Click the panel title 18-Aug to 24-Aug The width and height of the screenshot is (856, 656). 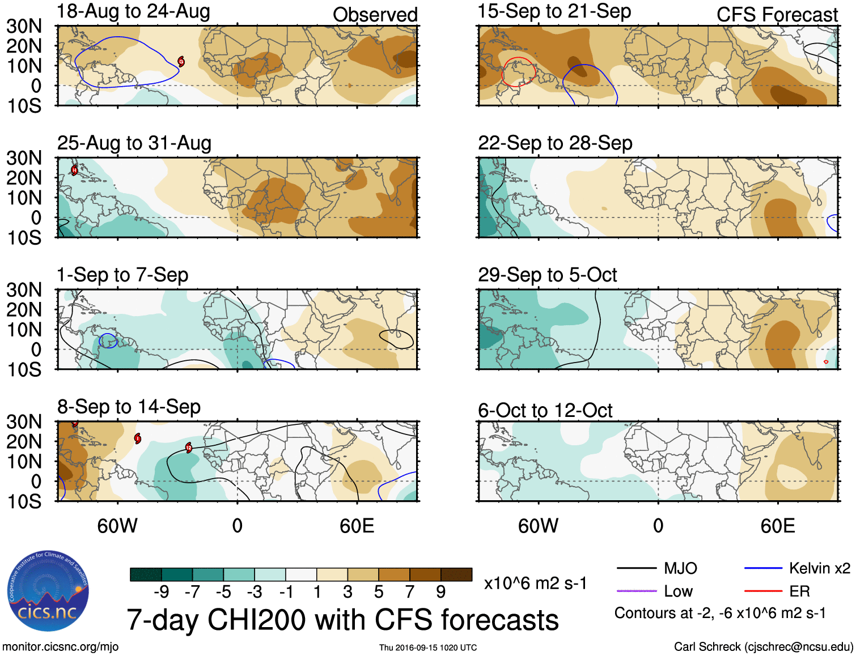coord(133,11)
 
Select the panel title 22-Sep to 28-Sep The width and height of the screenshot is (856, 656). coord(554,143)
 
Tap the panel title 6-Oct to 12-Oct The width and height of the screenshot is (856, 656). coord(545,410)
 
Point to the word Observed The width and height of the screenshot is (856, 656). coord(375,15)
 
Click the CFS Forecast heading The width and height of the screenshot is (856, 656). coord(777,15)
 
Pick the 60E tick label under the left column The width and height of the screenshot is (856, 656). coord(357,526)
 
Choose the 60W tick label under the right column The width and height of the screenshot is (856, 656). coord(538,526)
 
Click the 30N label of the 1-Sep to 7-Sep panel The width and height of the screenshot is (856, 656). coord(24,290)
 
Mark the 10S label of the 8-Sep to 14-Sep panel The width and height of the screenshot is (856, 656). coord(24,501)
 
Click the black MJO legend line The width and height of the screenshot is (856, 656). coord(636,568)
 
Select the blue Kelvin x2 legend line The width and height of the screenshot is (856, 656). coord(762,568)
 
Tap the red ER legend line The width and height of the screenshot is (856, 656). coord(762,591)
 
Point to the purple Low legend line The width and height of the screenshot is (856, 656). coord(636,591)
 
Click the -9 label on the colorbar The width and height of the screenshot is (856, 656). coord(162,592)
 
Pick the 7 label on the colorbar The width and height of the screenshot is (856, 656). coord(410,592)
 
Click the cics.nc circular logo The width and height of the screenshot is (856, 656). coord(48,591)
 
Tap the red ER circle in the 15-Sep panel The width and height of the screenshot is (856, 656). coord(519,71)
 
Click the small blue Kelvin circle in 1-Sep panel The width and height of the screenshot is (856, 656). coord(108,340)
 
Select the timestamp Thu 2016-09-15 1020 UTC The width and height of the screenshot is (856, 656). coord(428,648)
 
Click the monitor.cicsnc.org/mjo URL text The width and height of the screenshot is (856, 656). coord(61,647)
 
